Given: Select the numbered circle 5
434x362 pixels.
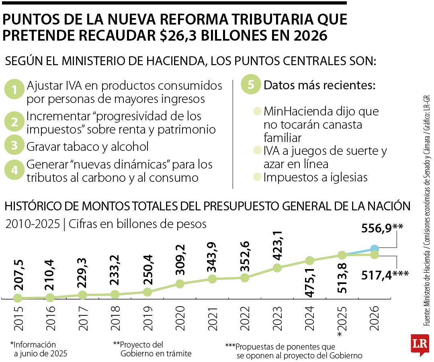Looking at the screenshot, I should (x=251, y=85).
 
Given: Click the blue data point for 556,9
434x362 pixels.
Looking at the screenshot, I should (x=374, y=249).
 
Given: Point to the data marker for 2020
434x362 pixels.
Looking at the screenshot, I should (x=180, y=284).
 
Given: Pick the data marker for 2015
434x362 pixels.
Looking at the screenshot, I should (x=17, y=298).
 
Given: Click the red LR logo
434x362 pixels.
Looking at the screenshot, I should (x=420, y=344).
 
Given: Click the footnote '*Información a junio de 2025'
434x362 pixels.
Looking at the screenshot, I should (x=39, y=349).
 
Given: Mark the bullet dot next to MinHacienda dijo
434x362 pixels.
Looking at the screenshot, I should (x=257, y=111).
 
